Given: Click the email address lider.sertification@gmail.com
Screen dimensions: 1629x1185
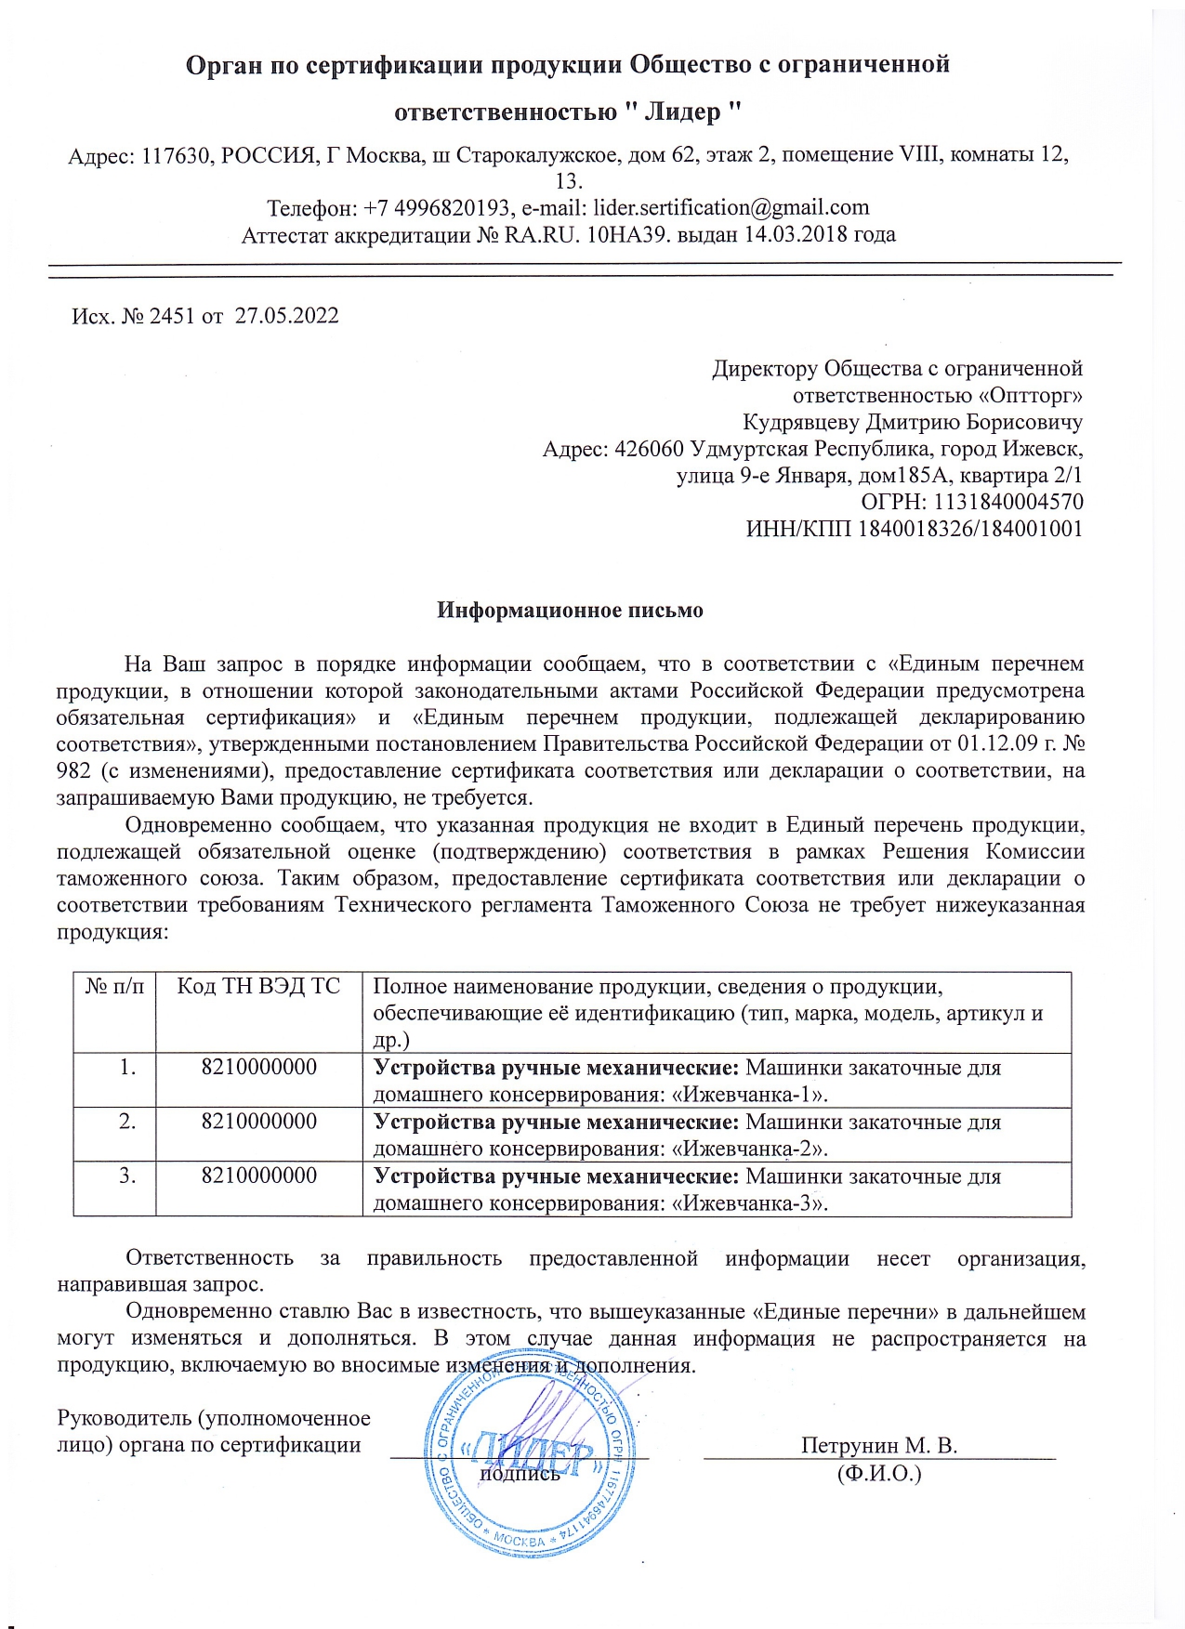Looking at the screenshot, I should [x=731, y=207].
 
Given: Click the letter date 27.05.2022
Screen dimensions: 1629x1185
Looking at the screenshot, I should [x=286, y=316].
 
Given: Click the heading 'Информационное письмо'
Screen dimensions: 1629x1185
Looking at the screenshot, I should [x=570, y=611].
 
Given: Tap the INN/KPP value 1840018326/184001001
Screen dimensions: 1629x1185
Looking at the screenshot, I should [x=969, y=530].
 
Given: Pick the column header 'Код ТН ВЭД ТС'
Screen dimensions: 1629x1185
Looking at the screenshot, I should [x=258, y=987].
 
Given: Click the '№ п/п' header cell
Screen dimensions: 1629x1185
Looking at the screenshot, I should [x=114, y=987].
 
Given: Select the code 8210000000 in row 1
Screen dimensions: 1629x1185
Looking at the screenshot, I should [x=258, y=1067].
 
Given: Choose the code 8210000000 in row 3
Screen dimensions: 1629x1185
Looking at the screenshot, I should [x=258, y=1176].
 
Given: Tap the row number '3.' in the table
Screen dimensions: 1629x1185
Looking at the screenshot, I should [x=127, y=1176].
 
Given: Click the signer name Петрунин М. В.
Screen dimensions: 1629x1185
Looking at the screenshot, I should [x=878, y=1446].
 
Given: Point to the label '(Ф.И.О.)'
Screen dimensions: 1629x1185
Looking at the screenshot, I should [x=878, y=1473].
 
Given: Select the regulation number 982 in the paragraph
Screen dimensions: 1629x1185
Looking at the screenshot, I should [x=73, y=771].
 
